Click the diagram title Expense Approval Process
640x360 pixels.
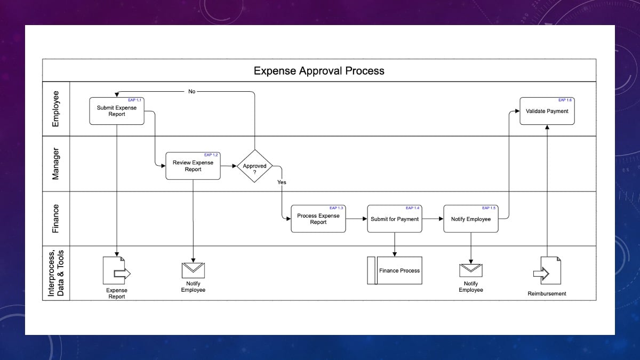coord(319,70)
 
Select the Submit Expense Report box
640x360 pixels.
coord(117,111)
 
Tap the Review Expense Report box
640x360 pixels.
coord(193,166)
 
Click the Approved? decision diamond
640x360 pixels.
coord(255,166)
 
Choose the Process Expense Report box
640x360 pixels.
coord(318,219)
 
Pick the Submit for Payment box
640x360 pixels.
coord(395,219)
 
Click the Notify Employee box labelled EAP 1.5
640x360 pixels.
coord(471,219)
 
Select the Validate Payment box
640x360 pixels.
coord(547,111)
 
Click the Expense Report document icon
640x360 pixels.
coord(116,270)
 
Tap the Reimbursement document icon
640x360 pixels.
coord(547,270)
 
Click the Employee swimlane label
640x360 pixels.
coord(55,109)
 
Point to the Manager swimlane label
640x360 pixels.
coord(55,164)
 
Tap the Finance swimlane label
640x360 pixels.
coord(55,219)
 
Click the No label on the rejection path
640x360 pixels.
coord(192,92)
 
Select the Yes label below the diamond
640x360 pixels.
coord(282,182)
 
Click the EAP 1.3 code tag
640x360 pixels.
coord(337,208)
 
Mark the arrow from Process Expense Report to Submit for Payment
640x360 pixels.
coord(356,219)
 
